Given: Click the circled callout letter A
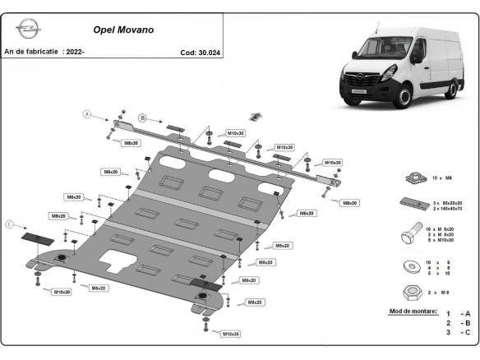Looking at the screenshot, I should (x=85, y=115).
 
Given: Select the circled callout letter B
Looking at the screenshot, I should (x=141, y=118).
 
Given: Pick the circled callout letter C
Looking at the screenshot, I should (x=10, y=224).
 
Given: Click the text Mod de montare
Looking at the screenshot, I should (x=412, y=312).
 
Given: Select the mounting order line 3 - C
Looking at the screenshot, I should (x=459, y=332).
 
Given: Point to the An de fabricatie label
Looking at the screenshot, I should (x=32, y=52).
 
